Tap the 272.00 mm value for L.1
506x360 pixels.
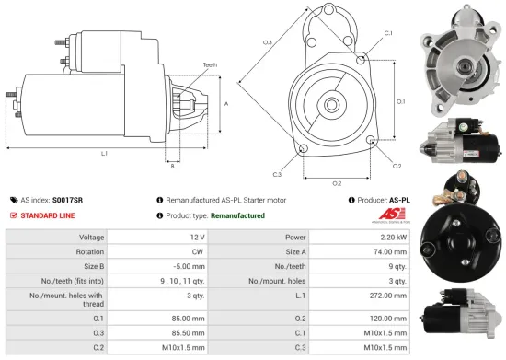pyautogui.click(x=388, y=296)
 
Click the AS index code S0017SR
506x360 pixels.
pyautogui.click(x=67, y=199)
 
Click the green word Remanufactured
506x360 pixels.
pyautogui.click(x=237, y=215)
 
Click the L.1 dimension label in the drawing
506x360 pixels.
pyautogui.click(x=104, y=153)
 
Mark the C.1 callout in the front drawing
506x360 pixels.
pyautogui.click(x=387, y=33)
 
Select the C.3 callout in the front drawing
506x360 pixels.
pyautogui.click(x=277, y=173)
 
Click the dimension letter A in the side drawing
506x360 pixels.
pyautogui.click(x=226, y=103)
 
